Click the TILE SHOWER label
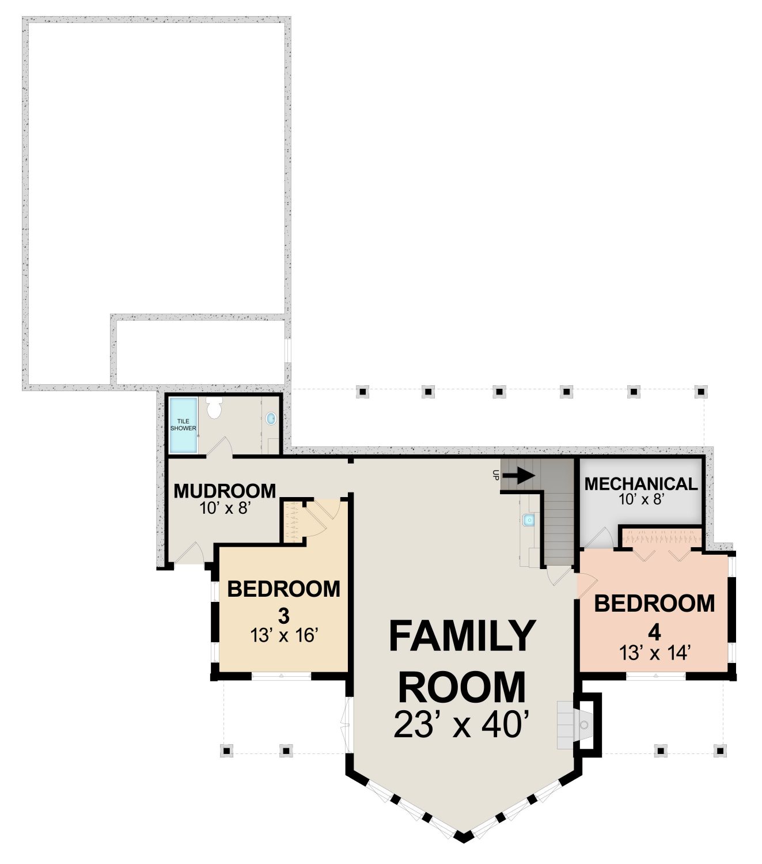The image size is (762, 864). (183, 425)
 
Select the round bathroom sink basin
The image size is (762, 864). (271, 418)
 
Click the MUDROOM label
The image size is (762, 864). (225, 491)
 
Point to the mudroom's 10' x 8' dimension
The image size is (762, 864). (224, 507)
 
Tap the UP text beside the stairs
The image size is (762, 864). (495, 475)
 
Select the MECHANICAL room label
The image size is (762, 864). (641, 484)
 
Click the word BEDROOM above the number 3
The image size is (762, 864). (283, 589)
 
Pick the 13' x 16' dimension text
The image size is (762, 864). (285, 635)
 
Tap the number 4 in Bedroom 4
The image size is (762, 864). (654, 633)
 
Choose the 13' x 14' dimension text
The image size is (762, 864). (654, 653)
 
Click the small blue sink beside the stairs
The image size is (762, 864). (529, 519)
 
